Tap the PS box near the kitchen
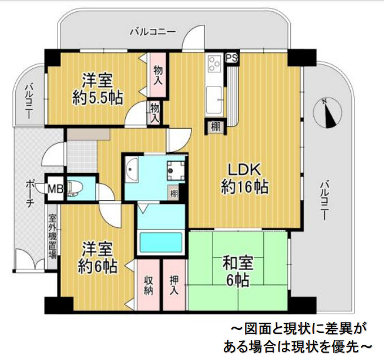pos(231,58)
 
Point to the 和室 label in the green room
pos(237,263)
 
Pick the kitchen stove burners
pos(215,63)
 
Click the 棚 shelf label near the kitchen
pos(215,126)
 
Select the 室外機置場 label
pos(51,235)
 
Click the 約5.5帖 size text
pos(98,97)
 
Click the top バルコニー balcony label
pos(152,32)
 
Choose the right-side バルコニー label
pos(324,200)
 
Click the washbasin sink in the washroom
pos(132,169)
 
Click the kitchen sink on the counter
pos(215,99)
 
